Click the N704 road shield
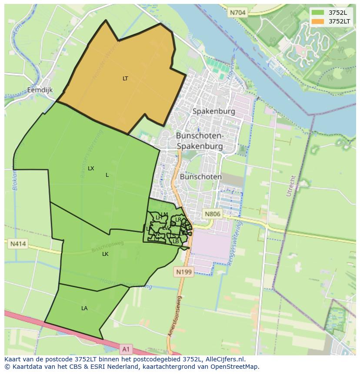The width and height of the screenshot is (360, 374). [x=238, y=13]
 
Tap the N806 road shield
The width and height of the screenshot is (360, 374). [x=213, y=214]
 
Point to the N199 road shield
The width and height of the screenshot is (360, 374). [x=183, y=272]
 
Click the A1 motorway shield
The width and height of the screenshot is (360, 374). [x=126, y=348]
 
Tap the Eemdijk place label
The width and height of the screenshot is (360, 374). [x=40, y=90]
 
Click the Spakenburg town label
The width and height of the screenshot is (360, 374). [x=213, y=111]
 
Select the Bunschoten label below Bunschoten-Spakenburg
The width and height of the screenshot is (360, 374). [x=200, y=177]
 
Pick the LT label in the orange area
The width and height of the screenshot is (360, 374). [x=125, y=79]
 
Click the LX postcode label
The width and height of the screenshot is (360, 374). [x=91, y=168]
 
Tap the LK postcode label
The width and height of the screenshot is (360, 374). [x=105, y=254]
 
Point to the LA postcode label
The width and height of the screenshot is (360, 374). [x=84, y=308]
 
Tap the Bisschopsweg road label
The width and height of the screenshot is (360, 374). [x=108, y=246]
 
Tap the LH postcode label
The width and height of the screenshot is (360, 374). [x=159, y=218]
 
